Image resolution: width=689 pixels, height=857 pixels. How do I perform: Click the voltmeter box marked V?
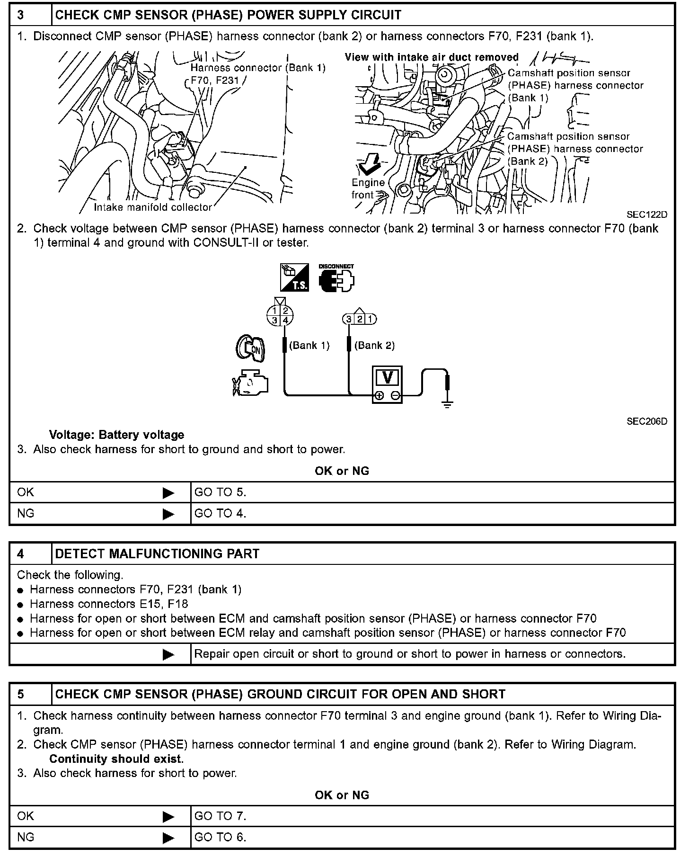(388, 384)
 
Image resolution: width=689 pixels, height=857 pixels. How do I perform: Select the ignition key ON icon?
(251, 349)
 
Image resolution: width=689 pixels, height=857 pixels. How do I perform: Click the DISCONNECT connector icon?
(337, 278)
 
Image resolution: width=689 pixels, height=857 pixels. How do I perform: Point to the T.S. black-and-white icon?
(294, 277)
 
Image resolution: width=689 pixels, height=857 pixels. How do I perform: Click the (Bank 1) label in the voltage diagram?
(309, 345)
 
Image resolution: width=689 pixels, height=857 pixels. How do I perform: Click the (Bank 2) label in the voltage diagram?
(374, 345)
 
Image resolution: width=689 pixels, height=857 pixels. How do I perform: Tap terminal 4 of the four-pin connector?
(286, 321)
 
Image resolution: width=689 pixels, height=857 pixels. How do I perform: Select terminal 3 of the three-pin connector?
(349, 319)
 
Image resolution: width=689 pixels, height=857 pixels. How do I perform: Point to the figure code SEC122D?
(647, 214)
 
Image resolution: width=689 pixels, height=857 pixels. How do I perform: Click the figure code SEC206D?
(647, 421)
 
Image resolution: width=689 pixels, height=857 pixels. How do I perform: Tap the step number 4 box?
(30, 553)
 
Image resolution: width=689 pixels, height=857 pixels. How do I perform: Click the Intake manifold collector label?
(152, 207)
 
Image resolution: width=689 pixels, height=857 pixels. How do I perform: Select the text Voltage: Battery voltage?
(116, 435)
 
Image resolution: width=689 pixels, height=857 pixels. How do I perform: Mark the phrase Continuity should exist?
(116, 759)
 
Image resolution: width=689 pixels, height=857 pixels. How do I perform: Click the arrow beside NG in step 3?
(168, 514)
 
